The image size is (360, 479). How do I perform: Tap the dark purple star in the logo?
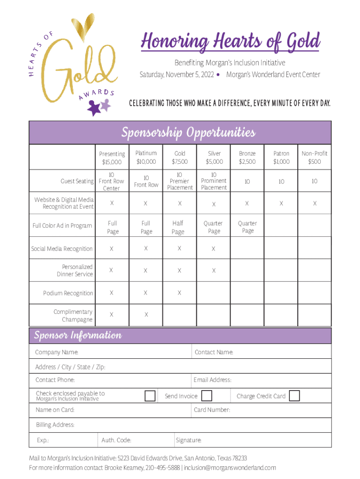coord(95,109)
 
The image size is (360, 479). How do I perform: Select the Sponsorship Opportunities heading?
coord(188,133)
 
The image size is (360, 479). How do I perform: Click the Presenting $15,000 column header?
coord(112,158)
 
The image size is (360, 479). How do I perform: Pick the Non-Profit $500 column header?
coord(314,157)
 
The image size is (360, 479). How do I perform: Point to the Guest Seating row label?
coord(77,181)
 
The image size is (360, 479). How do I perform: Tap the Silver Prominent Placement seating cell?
coord(214,181)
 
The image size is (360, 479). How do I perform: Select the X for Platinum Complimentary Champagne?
coord(146,315)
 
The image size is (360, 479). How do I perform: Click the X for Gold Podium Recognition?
coord(180,293)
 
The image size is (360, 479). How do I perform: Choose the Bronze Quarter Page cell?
coord(247,227)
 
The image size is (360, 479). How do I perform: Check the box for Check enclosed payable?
coord(150,396)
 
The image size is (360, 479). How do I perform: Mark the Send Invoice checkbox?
coord(207,396)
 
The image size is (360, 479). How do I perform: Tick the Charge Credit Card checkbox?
coord(294,396)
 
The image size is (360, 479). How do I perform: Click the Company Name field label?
coord(57,352)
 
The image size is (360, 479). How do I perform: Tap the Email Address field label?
coord(213,380)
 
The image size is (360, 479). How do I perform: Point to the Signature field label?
coord(189,440)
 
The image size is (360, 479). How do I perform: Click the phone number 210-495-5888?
coord(163,467)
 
